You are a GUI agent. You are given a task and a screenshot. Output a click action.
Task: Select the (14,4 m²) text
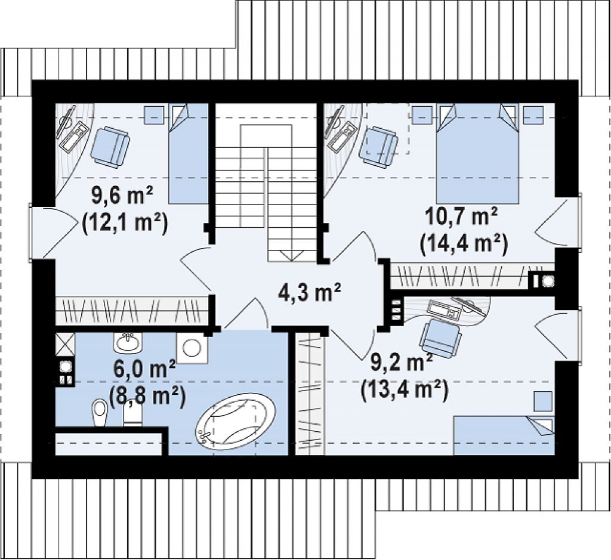tap(464, 244)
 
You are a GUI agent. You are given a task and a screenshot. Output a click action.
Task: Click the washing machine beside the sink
tap(192, 348)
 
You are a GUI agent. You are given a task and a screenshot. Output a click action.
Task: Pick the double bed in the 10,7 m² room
tap(478, 153)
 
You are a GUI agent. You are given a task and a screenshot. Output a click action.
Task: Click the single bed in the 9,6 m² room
tap(188, 153)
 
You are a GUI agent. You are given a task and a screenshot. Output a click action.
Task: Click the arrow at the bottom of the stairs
tap(291, 255)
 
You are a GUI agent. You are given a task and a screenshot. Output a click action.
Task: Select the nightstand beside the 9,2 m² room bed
tap(543, 401)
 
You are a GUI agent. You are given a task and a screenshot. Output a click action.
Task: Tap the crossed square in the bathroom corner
tap(64, 344)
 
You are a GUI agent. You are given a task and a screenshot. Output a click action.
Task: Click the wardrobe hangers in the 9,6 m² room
tap(132, 311)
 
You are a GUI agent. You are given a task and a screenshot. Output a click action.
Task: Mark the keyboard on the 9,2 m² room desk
tap(444, 310)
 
